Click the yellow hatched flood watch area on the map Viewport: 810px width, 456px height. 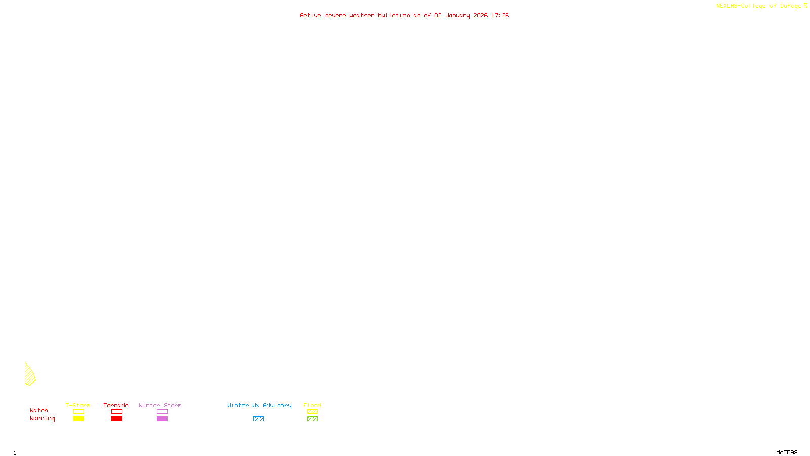(x=30, y=375)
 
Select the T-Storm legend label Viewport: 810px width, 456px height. (x=78, y=405)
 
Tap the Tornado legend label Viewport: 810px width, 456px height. (x=116, y=405)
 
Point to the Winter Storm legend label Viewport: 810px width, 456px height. (x=160, y=405)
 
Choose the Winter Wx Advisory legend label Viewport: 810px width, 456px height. (x=259, y=405)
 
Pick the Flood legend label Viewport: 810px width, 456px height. (x=312, y=405)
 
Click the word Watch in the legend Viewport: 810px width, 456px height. (x=39, y=410)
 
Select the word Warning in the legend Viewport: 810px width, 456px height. (x=43, y=419)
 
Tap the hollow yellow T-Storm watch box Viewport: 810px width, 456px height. (x=78, y=412)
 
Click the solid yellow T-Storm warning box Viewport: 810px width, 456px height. (x=78, y=419)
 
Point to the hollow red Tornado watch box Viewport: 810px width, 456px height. (x=116, y=412)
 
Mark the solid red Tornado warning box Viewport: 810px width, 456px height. (x=116, y=419)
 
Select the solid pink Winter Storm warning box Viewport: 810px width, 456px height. (x=162, y=419)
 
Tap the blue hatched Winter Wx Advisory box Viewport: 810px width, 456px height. (x=258, y=419)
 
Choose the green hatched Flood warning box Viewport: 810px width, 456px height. (x=312, y=419)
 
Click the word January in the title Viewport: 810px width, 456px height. (x=458, y=15)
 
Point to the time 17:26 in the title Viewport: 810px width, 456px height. (x=500, y=15)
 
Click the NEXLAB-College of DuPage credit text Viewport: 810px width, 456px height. (x=759, y=6)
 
